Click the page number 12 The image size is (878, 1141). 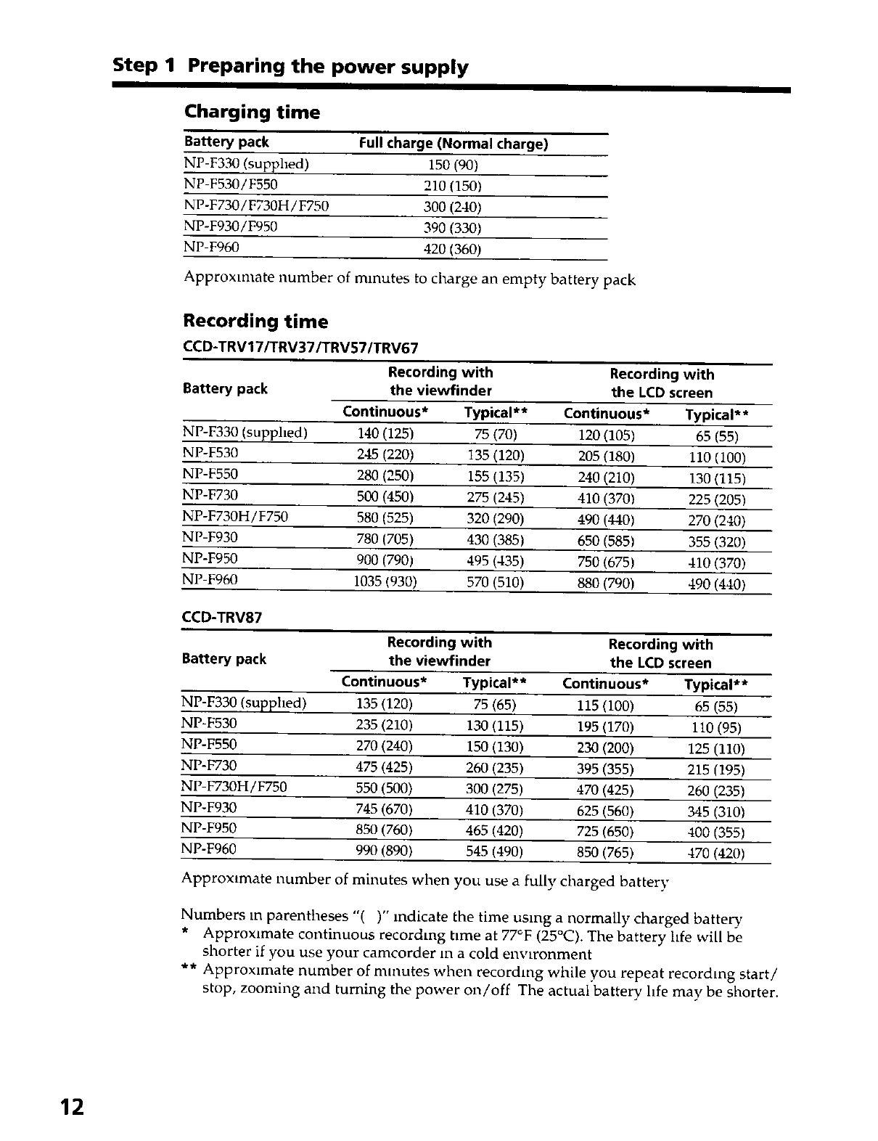[x=73, y=1108]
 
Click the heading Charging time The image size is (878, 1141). [x=252, y=113]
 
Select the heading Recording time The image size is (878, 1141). [x=255, y=322]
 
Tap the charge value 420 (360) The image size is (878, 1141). [x=452, y=250]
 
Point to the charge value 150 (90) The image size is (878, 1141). [x=453, y=165]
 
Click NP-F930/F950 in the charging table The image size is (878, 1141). [x=231, y=226]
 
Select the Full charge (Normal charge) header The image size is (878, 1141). [x=454, y=144]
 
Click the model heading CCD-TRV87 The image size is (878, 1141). [x=221, y=618]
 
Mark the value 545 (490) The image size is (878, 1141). [x=494, y=851]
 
